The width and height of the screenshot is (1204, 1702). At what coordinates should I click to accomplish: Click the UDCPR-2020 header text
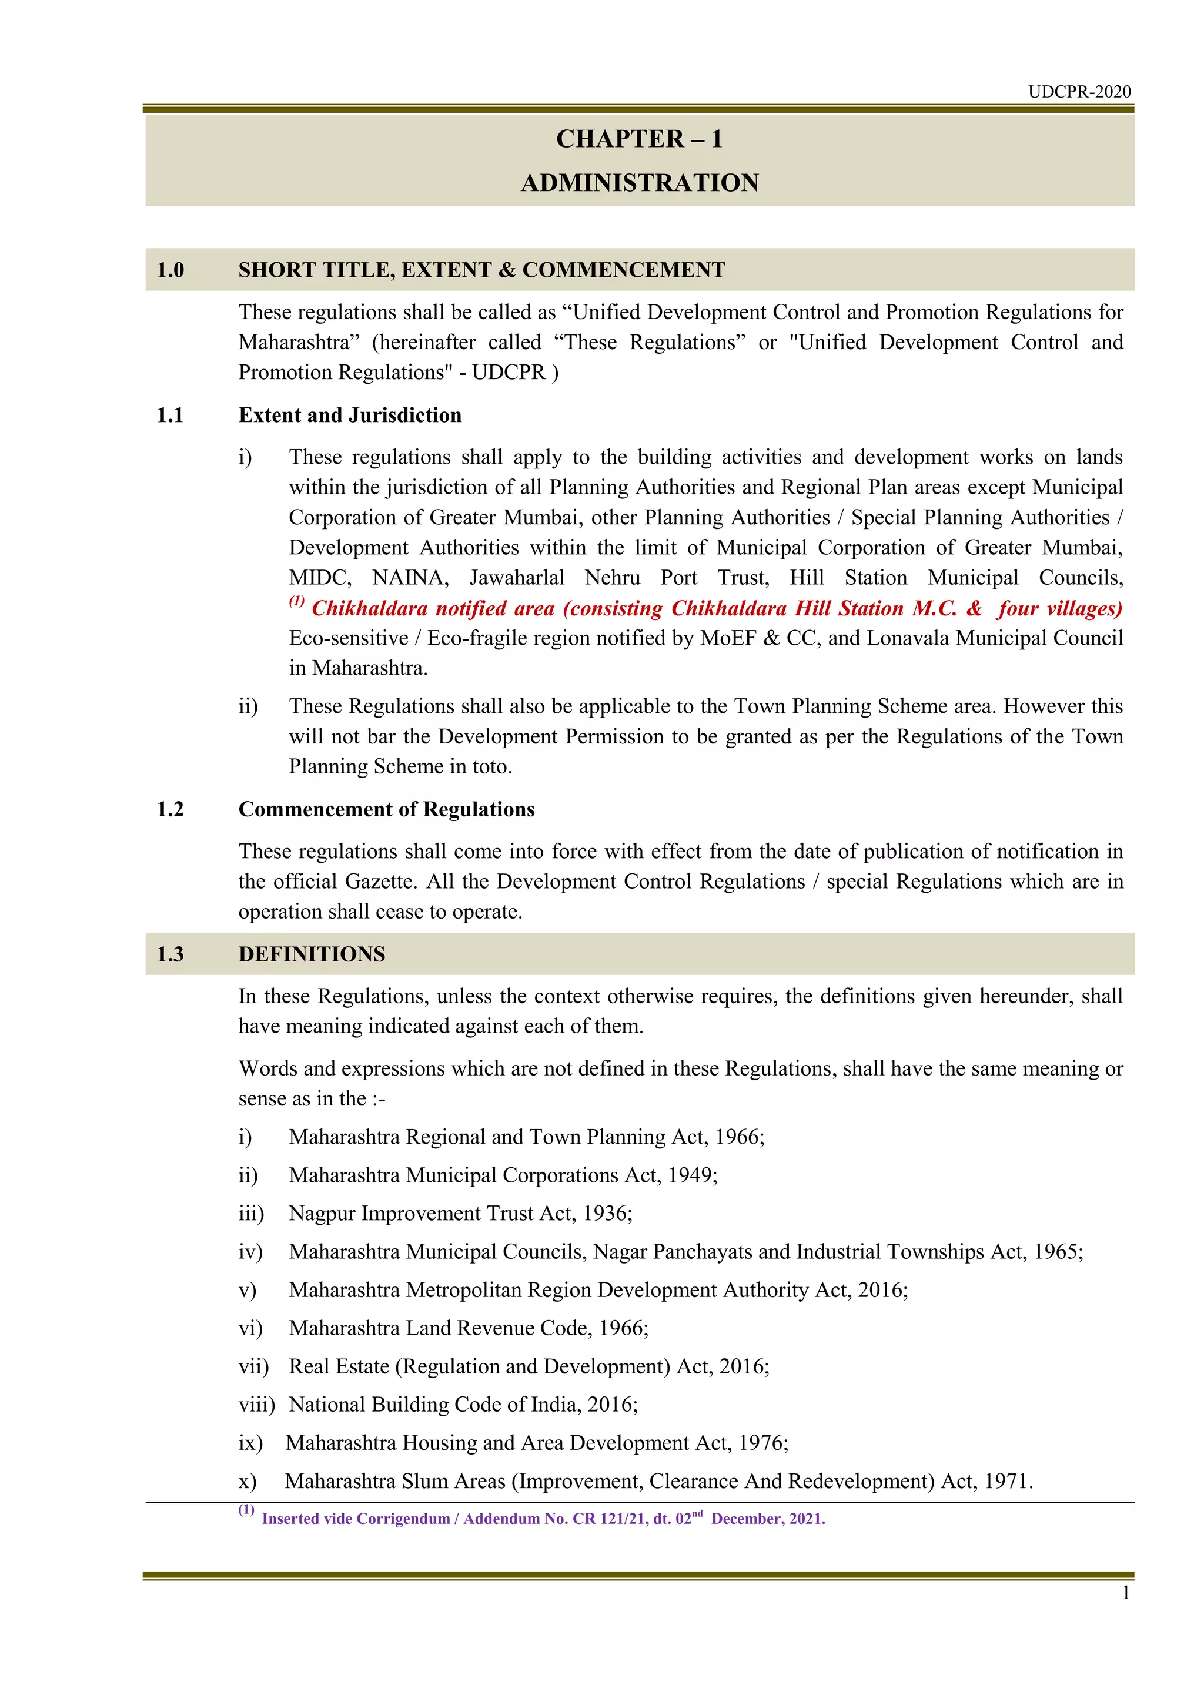point(1079,92)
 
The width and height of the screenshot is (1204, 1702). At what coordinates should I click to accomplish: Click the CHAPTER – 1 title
point(639,139)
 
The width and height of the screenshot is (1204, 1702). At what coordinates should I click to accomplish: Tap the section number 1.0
point(170,270)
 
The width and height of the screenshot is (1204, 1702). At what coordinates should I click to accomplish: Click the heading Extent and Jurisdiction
point(350,415)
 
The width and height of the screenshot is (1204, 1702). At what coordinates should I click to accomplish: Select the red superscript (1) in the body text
point(296,601)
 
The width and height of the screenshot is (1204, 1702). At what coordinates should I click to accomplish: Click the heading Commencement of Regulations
point(386,809)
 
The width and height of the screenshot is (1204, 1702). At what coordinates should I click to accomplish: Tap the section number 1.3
point(170,954)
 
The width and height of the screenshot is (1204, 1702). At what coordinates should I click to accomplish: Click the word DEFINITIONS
point(312,954)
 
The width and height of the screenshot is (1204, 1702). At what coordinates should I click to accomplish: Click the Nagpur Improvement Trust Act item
point(460,1214)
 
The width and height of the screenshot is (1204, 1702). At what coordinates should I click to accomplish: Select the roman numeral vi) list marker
point(250,1328)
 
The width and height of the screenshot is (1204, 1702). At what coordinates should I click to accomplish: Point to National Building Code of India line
point(463,1405)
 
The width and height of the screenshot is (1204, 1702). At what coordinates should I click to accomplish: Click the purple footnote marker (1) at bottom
point(246,1510)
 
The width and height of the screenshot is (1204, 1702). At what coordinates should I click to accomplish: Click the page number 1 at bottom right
point(1125,1593)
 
